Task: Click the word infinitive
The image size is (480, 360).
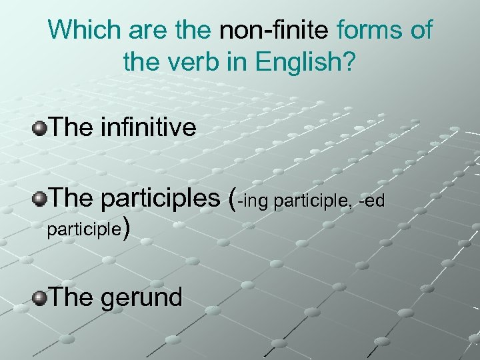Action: pyautogui.click(x=148, y=127)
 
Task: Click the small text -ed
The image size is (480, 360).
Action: pyautogui.click(x=371, y=200)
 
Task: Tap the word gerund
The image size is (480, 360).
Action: pyautogui.click(x=141, y=297)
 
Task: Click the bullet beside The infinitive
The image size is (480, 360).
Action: pyautogui.click(x=40, y=127)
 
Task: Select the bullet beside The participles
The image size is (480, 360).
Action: pyautogui.click(x=40, y=198)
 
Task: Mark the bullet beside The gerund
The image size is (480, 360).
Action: pyautogui.click(x=40, y=297)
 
